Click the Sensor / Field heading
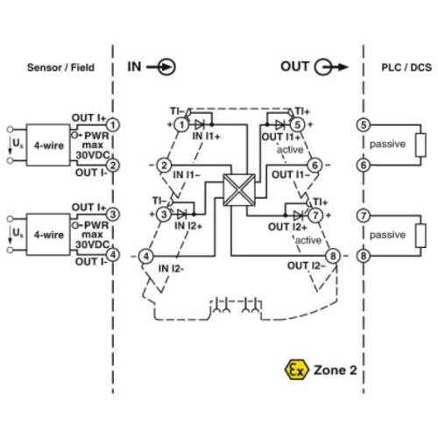(60, 67)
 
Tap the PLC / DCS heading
(404, 67)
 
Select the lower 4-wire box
(49, 235)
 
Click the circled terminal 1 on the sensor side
(113, 126)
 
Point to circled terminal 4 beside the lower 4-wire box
(113, 256)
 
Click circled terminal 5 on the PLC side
(364, 126)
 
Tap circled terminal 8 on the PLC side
(364, 256)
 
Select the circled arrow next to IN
(166, 67)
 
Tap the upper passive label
(387, 143)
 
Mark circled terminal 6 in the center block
(313, 164)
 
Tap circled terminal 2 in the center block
(165, 164)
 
